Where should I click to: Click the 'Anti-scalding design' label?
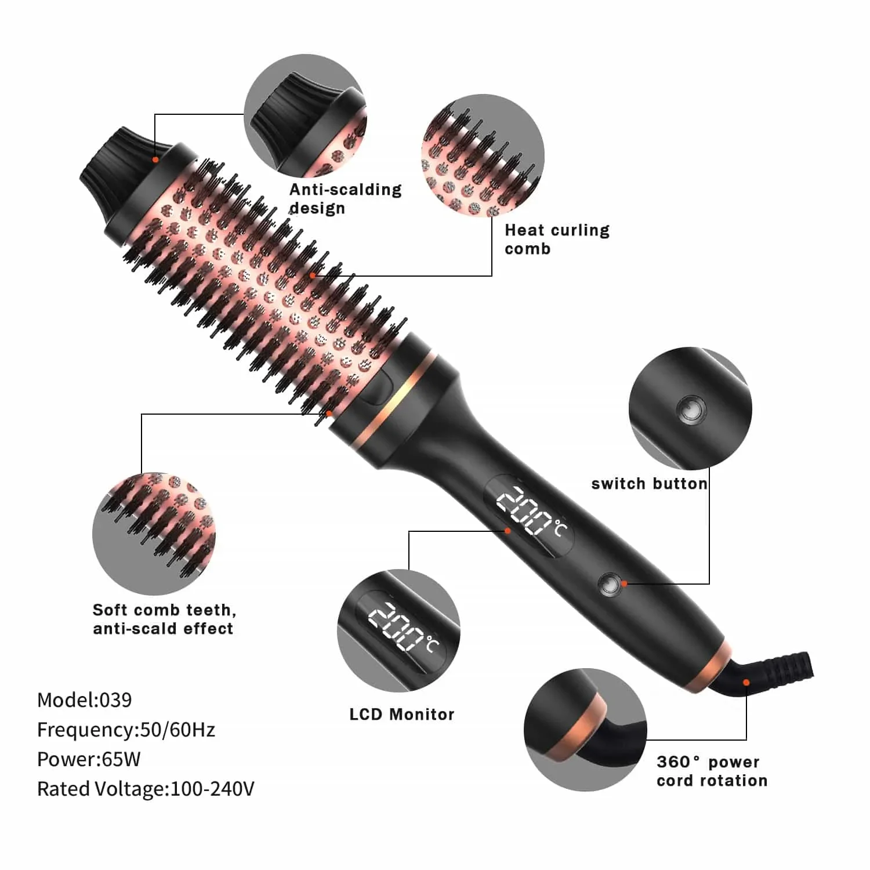pyautogui.click(x=345, y=198)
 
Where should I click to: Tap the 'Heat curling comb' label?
pyautogui.click(x=557, y=239)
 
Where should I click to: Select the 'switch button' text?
pyautogui.click(x=649, y=484)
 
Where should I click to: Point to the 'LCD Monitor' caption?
pyautogui.click(x=401, y=714)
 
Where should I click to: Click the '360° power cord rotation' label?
pyautogui.click(x=712, y=771)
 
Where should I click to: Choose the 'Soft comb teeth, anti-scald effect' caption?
pyautogui.click(x=164, y=619)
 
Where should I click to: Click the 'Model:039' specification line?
pyautogui.click(x=85, y=700)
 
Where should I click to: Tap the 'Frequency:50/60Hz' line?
pyautogui.click(x=126, y=730)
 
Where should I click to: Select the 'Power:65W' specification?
pyautogui.click(x=89, y=759)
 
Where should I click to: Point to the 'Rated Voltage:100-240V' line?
pyautogui.click(x=146, y=789)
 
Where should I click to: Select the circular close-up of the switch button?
pyautogui.click(x=690, y=408)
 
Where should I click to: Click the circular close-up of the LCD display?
pyautogui.click(x=398, y=630)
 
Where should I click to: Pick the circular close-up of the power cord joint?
pyautogui.click(x=585, y=729)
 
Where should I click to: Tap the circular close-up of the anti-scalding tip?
pyautogui.click(x=305, y=116)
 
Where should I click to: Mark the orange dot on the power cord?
pyautogui.click(x=746, y=682)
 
